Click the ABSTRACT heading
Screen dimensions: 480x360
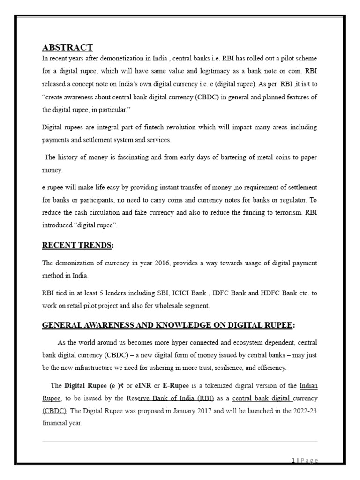[67, 47]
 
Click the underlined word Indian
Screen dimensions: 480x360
[309, 386]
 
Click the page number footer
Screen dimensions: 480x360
[305, 461]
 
